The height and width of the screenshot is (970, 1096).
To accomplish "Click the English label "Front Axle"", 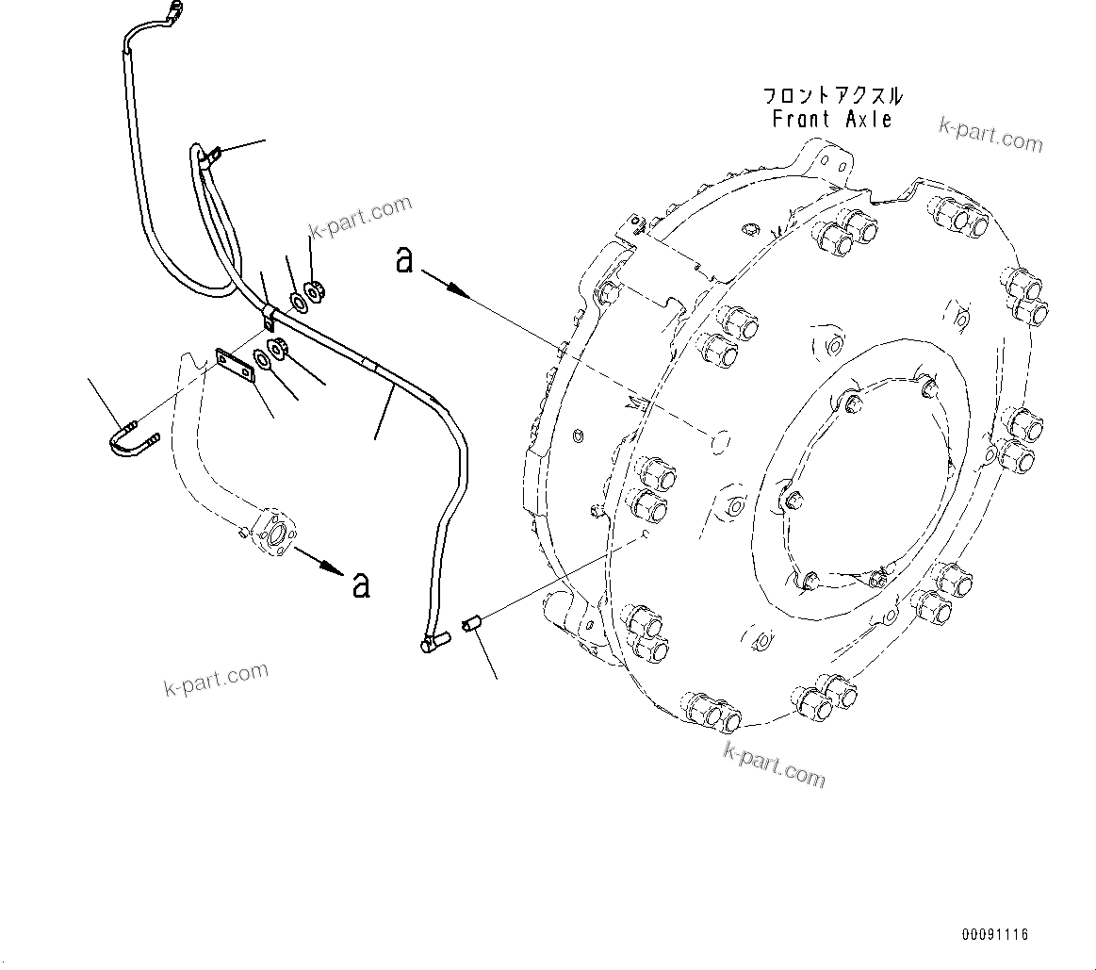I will pyautogui.click(x=831, y=120).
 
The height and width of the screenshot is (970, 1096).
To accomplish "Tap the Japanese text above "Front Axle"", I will pyautogui.click(x=832, y=96).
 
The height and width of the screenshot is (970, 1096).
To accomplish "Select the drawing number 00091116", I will pyautogui.click(x=994, y=935).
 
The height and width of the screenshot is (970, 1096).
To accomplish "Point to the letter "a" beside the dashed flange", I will pyautogui.click(x=361, y=584).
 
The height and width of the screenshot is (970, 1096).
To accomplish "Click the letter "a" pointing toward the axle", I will pyautogui.click(x=404, y=259).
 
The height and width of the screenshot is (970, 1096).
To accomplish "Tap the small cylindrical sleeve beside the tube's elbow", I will pyautogui.click(x=472, y=622).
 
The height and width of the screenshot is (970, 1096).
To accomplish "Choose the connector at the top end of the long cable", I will pyautogui.click(x=172, y=12).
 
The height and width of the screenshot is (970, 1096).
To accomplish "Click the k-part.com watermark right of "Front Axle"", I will pyautogui.click(x=990, y=135).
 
